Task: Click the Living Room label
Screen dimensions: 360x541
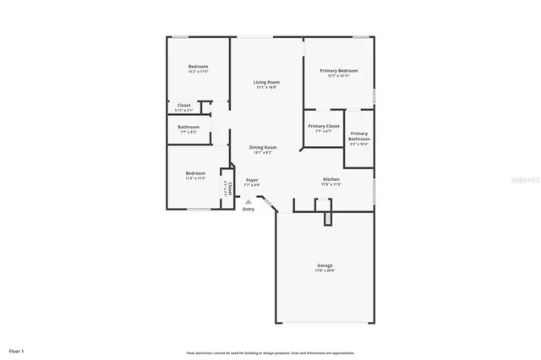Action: [265, 82]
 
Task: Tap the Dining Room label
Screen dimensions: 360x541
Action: [263, 147]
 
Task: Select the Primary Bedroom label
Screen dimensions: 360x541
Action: [337, 70]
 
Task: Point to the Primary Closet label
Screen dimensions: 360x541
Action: [323, 126]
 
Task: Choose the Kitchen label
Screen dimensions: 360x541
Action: [331, 179]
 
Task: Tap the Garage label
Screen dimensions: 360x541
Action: [325, 265]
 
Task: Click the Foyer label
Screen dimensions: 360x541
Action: [252, 180]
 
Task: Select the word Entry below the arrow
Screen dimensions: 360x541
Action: [249, 209]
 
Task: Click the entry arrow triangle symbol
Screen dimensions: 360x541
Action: [248, 201]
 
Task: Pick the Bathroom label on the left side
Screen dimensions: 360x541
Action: [189, 128]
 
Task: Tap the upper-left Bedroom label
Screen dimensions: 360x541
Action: [198, 67]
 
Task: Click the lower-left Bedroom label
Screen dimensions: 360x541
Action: [195, 173]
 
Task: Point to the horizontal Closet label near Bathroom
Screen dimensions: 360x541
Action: [183, 106]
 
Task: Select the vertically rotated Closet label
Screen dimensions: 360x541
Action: [229, 187]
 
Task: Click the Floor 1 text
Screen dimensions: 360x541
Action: [17, 350]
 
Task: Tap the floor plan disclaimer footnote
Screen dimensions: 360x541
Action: [270, 352]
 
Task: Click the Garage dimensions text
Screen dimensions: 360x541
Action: [325, 270]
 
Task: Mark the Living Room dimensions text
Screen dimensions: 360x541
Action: [265, 87]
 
